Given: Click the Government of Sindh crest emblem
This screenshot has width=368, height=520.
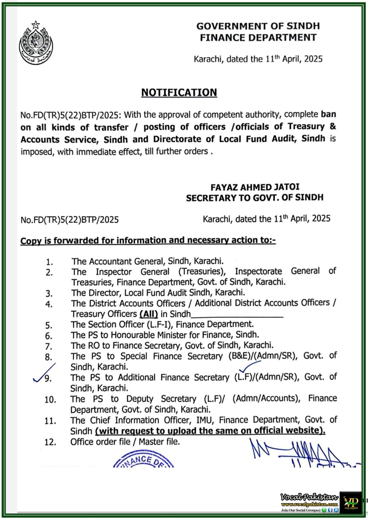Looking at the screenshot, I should point(35,43).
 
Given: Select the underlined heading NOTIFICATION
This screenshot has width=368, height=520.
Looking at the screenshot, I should point(179,93).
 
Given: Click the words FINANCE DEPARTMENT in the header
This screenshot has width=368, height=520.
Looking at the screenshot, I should point(258,38).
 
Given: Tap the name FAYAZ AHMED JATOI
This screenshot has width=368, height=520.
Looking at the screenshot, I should point(255,187).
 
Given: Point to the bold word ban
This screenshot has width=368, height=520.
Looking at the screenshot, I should point(328,114).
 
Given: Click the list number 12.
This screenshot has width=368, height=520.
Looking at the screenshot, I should point(50,442).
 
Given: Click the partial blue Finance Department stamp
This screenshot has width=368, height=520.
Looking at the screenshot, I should point(143,460).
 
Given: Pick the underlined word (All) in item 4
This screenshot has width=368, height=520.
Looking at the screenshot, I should point(149,314).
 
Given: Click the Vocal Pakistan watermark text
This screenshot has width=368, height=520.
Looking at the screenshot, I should point(309,497).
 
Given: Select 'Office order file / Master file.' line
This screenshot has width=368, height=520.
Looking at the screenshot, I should point(125,442).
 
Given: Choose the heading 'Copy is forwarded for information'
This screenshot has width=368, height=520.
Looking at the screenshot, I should point(148,240).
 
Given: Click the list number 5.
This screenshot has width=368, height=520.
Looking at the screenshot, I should point(49,325).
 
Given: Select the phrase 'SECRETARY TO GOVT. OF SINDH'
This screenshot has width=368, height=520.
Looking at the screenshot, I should point(254,198).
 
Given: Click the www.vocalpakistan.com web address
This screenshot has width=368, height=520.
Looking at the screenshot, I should point(309,504).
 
